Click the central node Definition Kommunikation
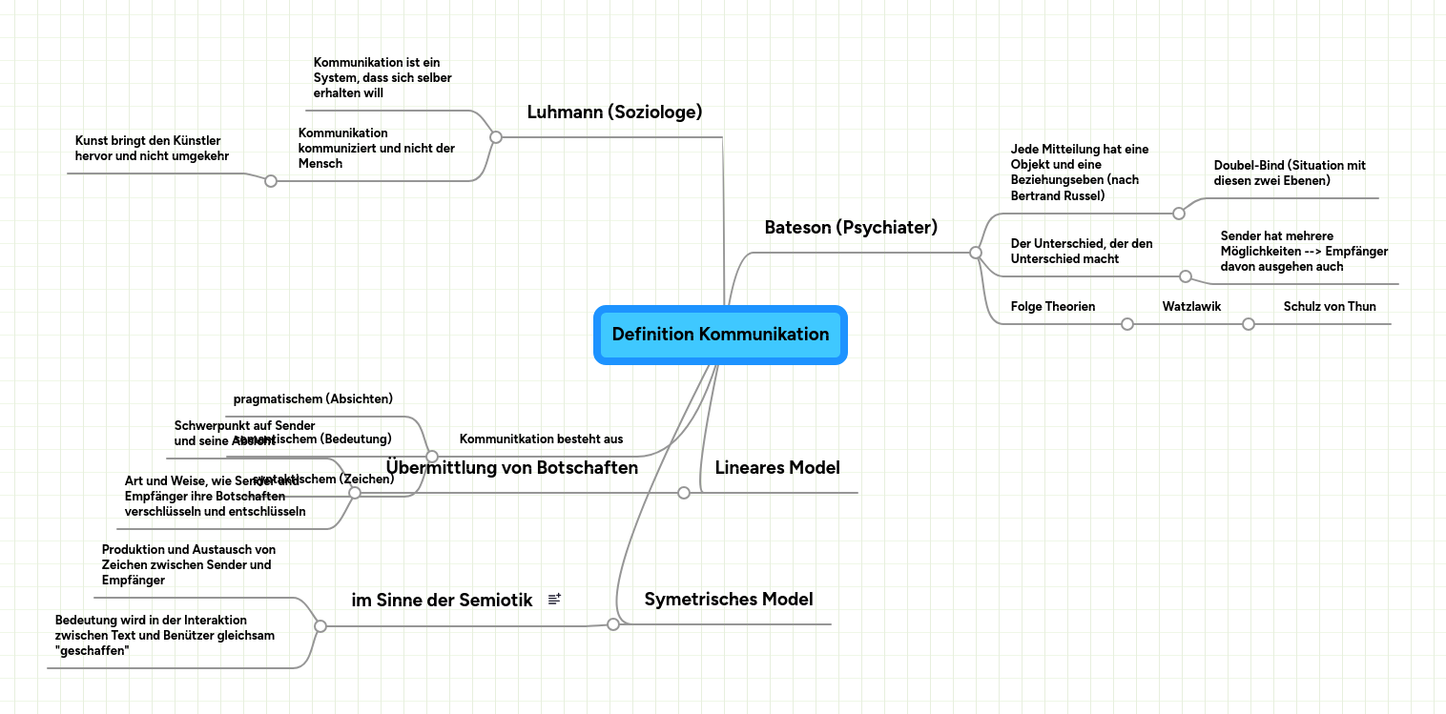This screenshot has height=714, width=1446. [x=720, y=335]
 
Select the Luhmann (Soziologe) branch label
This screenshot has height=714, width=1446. [x=614, y=112]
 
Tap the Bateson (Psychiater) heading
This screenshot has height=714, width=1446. [x=851, y=228]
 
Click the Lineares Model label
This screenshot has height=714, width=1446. [x=777, y=468]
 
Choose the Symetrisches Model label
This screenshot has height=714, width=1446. [x=729, y=600]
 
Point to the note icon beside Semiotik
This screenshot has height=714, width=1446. [x=555, y=600]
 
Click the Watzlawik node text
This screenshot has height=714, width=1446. [x=1191, y=307]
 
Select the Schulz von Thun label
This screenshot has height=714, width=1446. [x=1330, y=307]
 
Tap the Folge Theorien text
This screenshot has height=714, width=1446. [x=1053, y=307]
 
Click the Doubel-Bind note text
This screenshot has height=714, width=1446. [x=1290, y=173]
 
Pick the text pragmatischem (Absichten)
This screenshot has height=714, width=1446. [x=313, y=398]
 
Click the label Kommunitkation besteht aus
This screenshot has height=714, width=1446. [x=541, y=439]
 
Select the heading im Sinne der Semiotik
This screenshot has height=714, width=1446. [x=442, y=601]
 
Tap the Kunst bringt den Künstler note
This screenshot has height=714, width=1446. [x=152, y=148]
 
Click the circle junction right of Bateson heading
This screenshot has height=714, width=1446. [x=975, y=253]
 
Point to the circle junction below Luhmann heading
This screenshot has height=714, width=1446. [x=495, y=137]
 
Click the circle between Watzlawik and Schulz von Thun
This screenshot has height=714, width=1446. [x=1248, y=324]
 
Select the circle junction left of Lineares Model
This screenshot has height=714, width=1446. [x=683, y=493]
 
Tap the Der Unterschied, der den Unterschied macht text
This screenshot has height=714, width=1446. [x=1082, y=251]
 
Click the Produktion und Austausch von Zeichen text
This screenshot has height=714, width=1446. [x=189, y=564]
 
